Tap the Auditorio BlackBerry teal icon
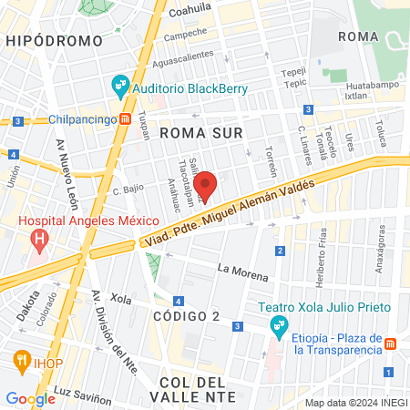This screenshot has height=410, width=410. coord(119,87)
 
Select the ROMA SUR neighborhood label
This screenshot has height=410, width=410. coord(198,133)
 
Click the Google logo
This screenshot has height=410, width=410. coord(30,398)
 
